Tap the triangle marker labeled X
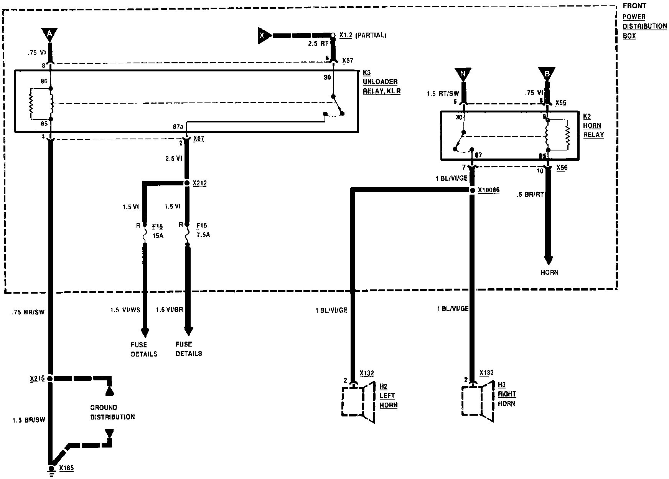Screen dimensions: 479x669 tap(264, 35)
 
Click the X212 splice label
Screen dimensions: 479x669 tap(199, 183)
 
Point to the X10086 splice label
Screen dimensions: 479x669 tap(489, 190)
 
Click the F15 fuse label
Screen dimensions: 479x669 tap(201, 226)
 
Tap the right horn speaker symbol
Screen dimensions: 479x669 tap(478, 401)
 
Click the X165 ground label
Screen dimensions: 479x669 tap(66, 468)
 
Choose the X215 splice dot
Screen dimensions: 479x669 tap(50, 378)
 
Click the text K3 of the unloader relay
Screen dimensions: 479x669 tap(367, 73)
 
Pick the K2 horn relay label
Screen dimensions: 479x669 tap(587, 116)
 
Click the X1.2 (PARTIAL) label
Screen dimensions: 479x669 tap(363, 35)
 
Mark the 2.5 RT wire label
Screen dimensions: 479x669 tap(318, 43)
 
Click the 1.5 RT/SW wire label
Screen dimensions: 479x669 tap(443, 94)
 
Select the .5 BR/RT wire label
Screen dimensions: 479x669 tap(530, 195)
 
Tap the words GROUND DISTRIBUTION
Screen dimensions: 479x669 tap(112, 412)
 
